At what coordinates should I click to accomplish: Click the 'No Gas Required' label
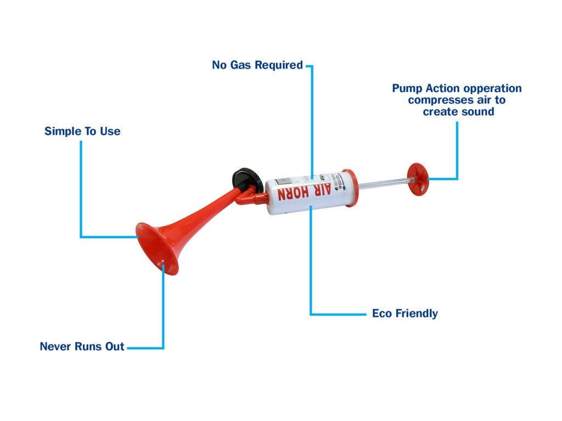[257, 65]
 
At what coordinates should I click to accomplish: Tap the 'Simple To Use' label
[82, 132]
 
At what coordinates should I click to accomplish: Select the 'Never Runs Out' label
[82, 346]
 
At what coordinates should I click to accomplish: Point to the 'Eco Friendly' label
[404, 314]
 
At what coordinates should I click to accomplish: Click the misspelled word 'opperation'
[492, 89]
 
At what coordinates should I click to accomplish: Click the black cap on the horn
[245, 178]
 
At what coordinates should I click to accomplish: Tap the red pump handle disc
[418, 179]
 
